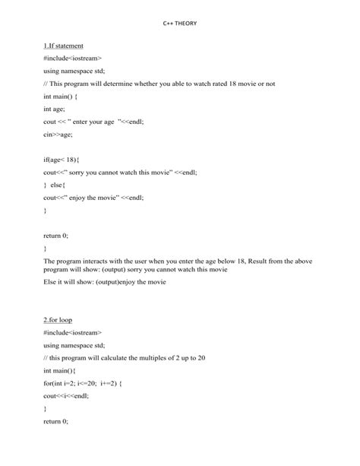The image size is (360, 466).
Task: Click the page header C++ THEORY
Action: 179,24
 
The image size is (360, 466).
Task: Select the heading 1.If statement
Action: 64,46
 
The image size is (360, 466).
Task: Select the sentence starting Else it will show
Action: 109,282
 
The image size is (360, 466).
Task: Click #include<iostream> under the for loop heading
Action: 73,332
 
